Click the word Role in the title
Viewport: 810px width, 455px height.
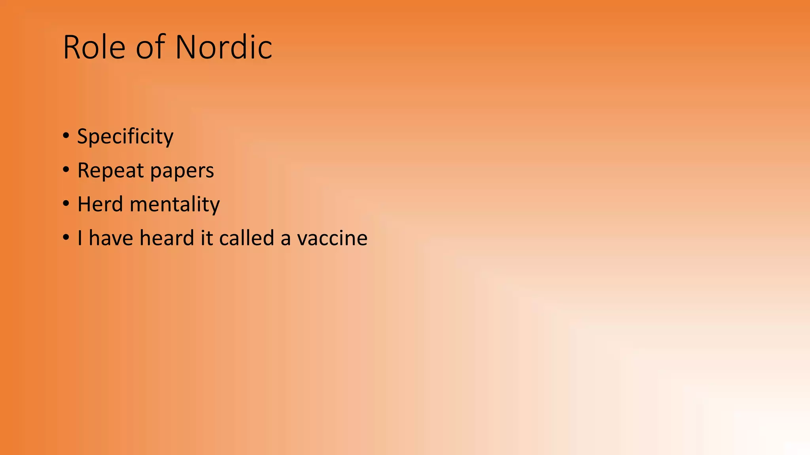pos(94,47)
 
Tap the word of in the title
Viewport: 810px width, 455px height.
pos(150,47)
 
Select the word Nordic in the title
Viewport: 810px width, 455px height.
pos(223,47)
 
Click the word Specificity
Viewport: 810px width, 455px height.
pos(125,137)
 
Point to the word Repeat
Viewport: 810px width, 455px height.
pos(110,171)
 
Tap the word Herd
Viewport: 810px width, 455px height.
pos(100,204)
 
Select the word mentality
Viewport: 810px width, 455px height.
pos(174,205)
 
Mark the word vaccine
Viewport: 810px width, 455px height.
pos(332,239)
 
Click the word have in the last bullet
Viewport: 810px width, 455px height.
pos(111,238)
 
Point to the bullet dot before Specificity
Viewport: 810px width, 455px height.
pos(66,136)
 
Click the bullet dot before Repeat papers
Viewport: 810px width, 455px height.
pos(66,170)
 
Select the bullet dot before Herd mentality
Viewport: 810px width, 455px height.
pos(66,204)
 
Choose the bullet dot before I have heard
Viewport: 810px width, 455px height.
pos(66,238)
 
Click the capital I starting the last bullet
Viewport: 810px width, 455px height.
pos(80,238)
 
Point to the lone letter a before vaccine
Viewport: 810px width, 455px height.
pos(286,239)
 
